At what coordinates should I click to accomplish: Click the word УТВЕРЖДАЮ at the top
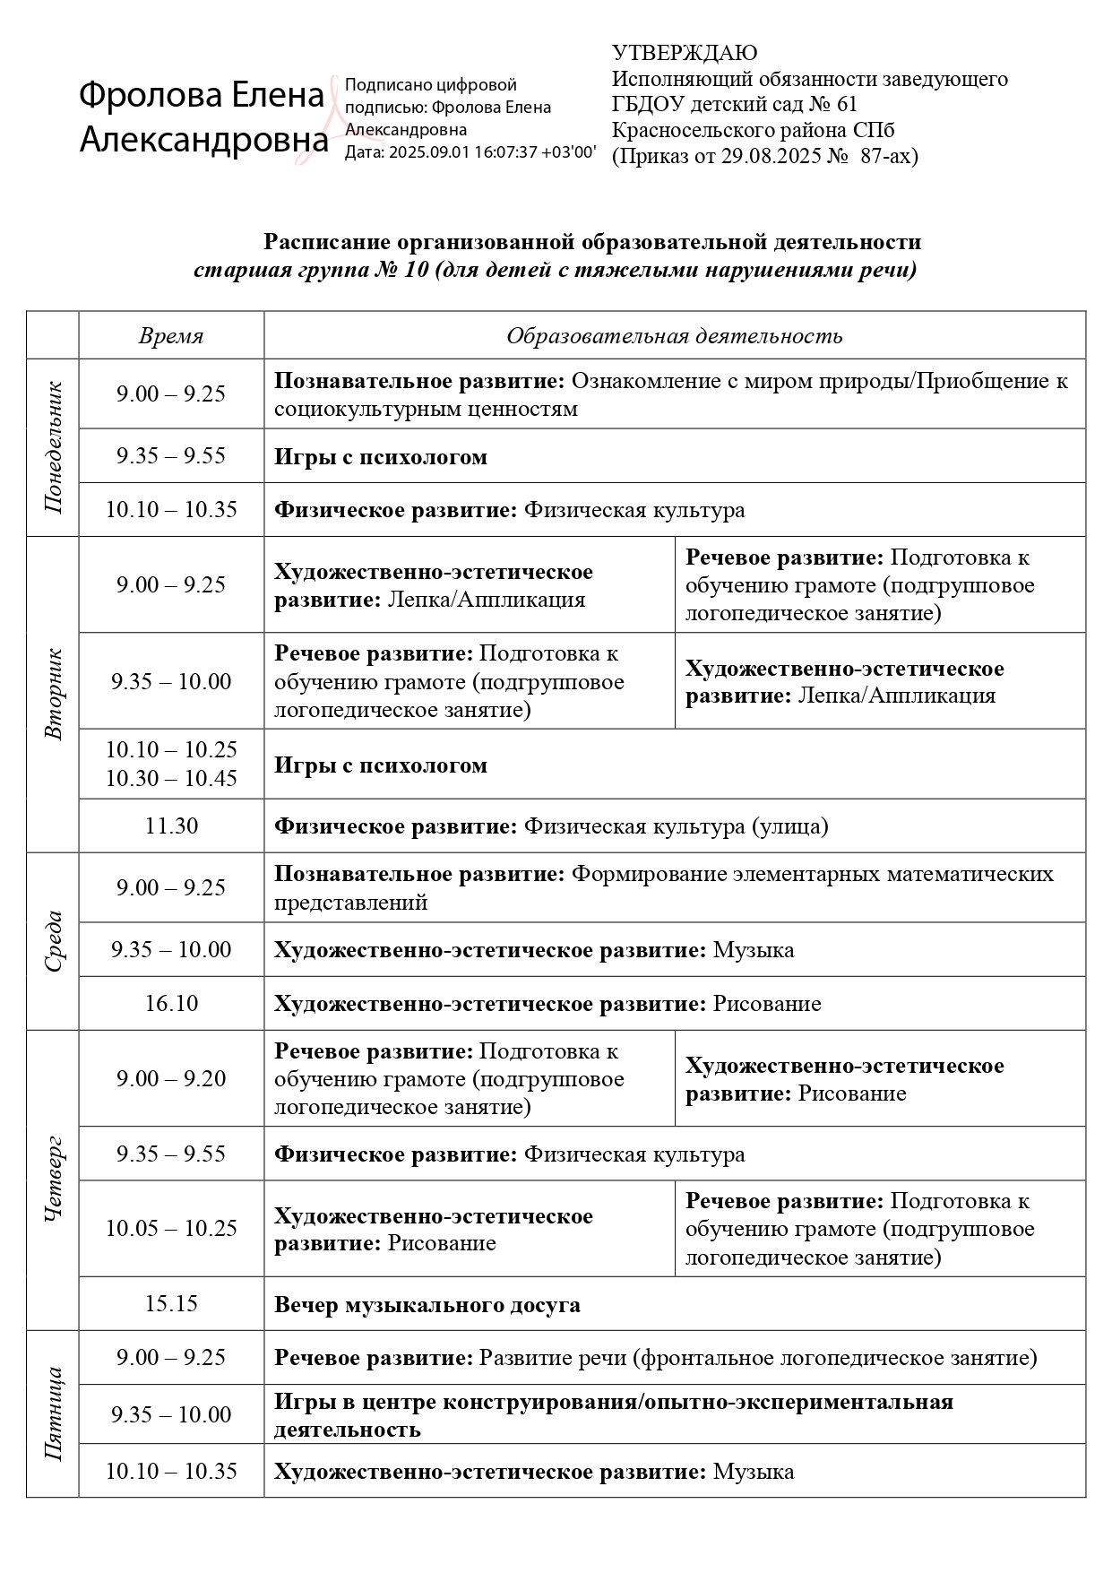click(685, 54)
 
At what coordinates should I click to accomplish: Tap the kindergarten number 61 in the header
click(845, 105)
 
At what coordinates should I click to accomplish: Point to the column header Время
click(171, 336)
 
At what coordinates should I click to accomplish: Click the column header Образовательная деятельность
click(674, 336)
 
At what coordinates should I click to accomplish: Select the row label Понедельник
click(54, 447)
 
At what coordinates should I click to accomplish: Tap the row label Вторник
click(54, 694)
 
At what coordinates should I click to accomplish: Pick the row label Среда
click(54, 941)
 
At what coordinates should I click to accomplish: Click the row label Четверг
click(54, 1180)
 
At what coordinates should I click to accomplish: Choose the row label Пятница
click(54, 1413)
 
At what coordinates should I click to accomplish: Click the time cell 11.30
click(171, 825)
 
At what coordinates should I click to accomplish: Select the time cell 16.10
click(171, 1003)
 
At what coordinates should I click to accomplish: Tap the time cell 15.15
click(171, 1303)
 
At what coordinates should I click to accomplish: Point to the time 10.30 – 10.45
click(171, 778)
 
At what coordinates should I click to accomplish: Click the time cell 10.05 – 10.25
click(171, 1228)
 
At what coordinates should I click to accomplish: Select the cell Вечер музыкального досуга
click(427, 1305)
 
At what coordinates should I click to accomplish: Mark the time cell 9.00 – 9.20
click(171, 1078)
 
